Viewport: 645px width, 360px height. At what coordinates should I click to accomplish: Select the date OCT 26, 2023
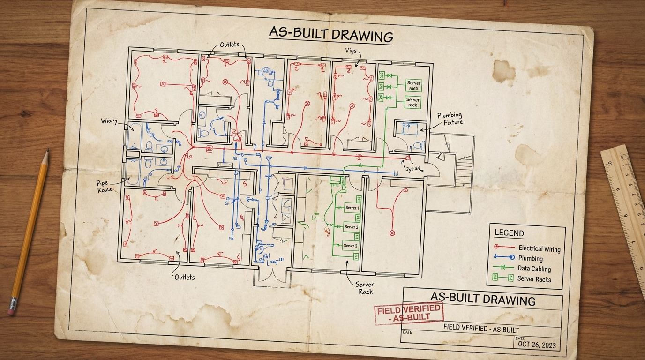click(x=537, y=345)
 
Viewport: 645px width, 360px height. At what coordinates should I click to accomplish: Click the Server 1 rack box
click(x=352, y=208)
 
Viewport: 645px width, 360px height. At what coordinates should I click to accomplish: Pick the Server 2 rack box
click(x=351, y=227)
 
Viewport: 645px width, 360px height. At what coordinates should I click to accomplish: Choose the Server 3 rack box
click(x=350, y=245)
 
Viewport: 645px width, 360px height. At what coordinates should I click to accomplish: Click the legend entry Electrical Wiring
click(x=539, y=248)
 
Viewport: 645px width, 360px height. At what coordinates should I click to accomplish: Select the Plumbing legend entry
click(x=530, y=258)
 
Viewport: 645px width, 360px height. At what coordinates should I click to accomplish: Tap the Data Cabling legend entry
click(x=534, y=269)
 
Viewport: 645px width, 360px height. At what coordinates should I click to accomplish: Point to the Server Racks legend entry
click(x=534, y=278)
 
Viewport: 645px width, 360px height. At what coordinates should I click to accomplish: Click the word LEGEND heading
click(x=509, y=233)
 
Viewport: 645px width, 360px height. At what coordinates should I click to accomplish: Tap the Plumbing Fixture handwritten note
click(x=450, y=119)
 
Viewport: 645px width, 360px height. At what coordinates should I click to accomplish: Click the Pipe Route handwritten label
click(x=105, y=187)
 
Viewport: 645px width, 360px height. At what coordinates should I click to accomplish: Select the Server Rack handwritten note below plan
click(x=364, y=288)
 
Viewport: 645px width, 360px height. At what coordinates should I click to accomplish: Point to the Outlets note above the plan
click(x=229, y=45)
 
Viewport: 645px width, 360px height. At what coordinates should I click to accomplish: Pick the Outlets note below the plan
click(x=184, y=277)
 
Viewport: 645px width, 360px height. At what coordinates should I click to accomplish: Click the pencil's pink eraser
click(x=12, y=310)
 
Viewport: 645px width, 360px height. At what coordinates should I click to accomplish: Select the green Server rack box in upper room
click(x=413, y=102)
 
